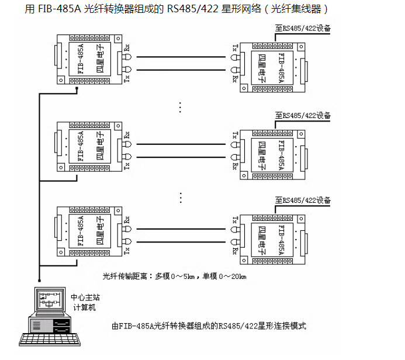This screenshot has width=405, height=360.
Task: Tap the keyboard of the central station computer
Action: pyautogui.click(x=50, y=340)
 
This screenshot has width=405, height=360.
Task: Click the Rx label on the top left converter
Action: pyautogui.click(x=127, y=48)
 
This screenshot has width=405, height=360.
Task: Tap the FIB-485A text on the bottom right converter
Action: pyautogui.click(x=282, y=237)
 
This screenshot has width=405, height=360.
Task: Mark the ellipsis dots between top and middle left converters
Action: pyautogui.click(x=181, y=107)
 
